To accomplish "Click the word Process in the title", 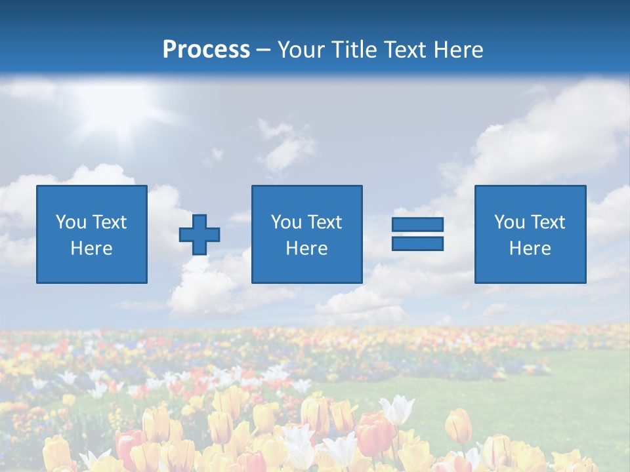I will [206, 50].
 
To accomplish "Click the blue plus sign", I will [199, 234].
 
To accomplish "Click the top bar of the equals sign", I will [417, 225].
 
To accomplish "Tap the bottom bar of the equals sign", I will [417, 243].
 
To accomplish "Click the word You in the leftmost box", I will [70, 222].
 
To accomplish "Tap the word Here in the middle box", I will [306, 248].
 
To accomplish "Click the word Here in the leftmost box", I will [91, 248].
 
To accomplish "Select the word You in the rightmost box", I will [509, 222].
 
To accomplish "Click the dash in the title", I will [264, 50].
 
